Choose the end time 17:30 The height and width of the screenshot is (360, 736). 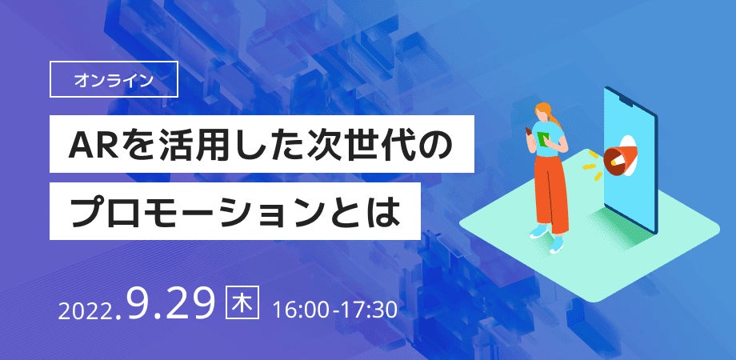[369, 308]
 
